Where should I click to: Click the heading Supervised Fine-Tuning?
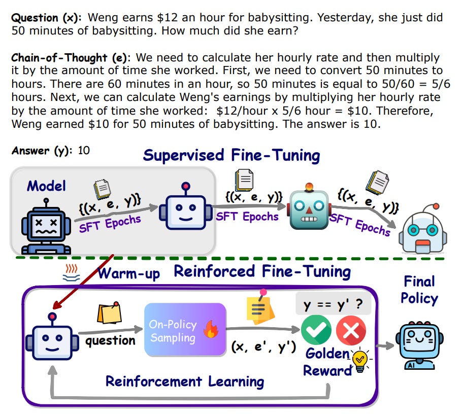[231, 155]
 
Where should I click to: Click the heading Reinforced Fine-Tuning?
[262, 271]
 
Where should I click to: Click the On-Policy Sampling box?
[185, 330]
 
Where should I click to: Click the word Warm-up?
[128, 273]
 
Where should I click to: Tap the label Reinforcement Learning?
[185, 381]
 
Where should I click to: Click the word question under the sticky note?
[110, 340]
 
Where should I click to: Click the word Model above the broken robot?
[46, 186]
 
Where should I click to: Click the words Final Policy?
[419, 289]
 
